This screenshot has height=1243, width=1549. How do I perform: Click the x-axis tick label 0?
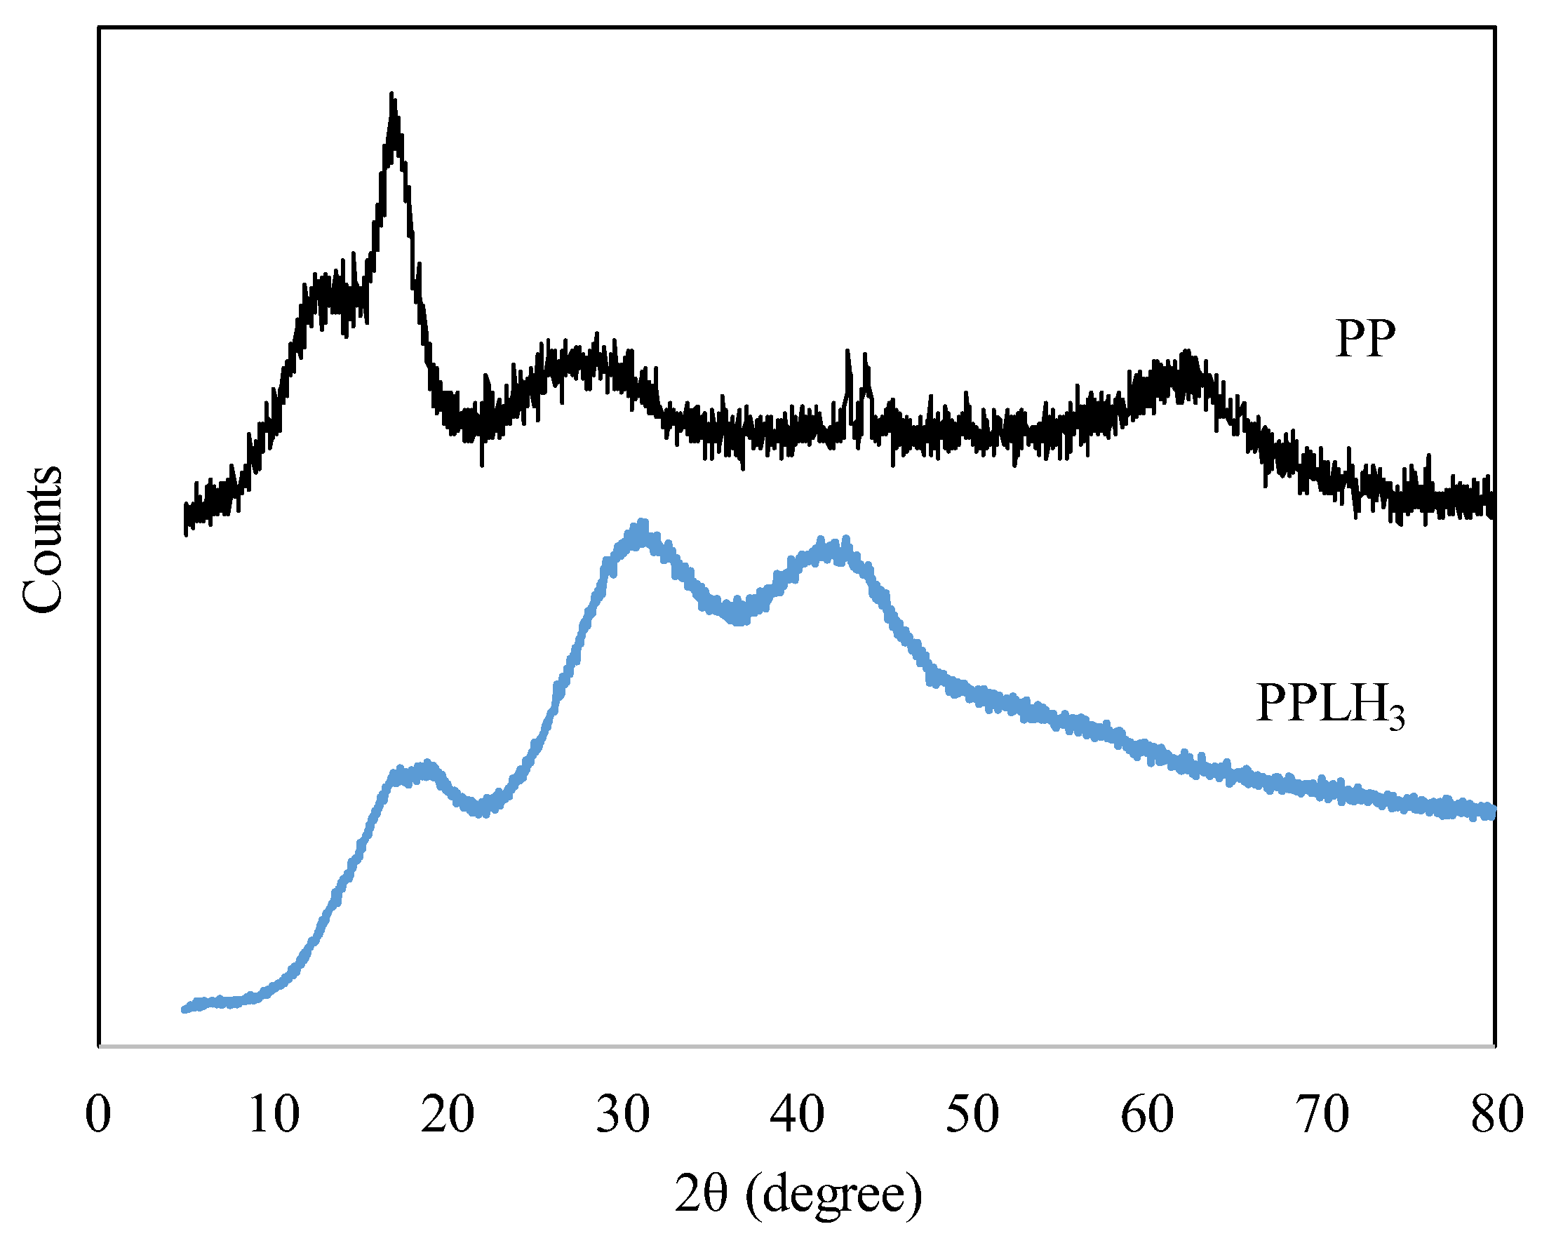[98, 1115]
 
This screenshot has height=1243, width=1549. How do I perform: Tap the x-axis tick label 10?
[274, 1115]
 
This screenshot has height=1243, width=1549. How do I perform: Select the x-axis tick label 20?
[448, 1115]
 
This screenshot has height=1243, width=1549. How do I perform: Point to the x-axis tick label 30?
[623, 1115]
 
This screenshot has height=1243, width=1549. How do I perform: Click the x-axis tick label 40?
[798, 1115]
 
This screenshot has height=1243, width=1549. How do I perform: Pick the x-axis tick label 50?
[972, 1115]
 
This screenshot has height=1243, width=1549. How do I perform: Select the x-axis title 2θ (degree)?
[798, 1195]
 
